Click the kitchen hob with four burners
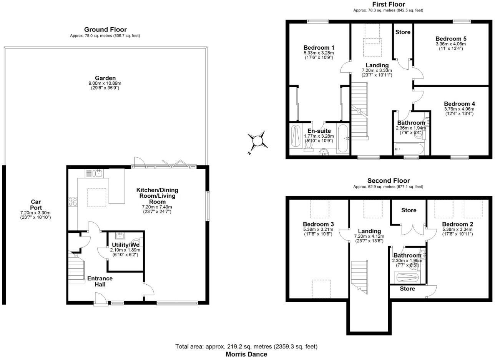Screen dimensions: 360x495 tap(73, 201)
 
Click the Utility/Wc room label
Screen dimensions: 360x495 tap(125, 245)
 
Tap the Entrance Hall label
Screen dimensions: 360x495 tap(100, 281)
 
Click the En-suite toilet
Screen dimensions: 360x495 tap(308, 148)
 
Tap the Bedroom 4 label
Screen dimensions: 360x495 tap(459, 104)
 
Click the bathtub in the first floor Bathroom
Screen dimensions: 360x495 tap(409, 148)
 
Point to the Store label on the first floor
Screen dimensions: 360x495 tap(403, 32)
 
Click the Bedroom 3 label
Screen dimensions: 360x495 tap(318, 224)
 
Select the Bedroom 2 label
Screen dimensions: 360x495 tap(457, 224)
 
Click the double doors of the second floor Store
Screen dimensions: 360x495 tap(409, 229)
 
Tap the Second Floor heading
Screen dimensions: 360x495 tap(388, 180)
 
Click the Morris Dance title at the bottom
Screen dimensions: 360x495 tap(246, 354)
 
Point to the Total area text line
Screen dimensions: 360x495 tap(246, 347)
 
